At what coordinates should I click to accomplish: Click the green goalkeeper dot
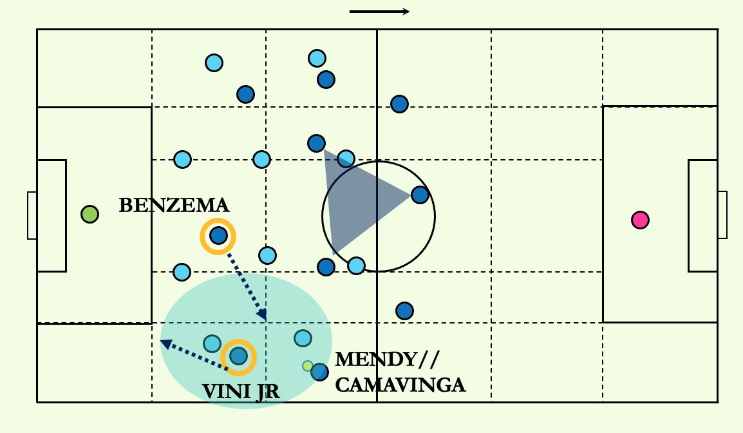89,214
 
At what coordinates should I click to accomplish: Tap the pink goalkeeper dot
639,220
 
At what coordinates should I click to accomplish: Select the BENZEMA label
174,206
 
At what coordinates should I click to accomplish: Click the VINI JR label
241,391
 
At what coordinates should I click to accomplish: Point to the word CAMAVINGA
400,385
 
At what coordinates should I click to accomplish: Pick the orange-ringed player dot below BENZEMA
218,236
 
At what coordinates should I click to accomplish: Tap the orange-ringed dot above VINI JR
238,356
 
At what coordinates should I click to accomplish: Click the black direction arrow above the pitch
380,12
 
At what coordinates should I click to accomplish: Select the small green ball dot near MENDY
308,366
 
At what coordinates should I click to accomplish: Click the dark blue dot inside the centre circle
420,194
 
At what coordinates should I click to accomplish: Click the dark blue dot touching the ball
319,372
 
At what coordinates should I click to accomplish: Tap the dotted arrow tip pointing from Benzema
262,316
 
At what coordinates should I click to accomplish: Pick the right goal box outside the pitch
722,215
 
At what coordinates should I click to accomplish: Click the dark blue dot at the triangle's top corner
316,143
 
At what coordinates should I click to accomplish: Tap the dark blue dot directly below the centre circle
404,311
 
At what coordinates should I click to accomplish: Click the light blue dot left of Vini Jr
212,343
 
